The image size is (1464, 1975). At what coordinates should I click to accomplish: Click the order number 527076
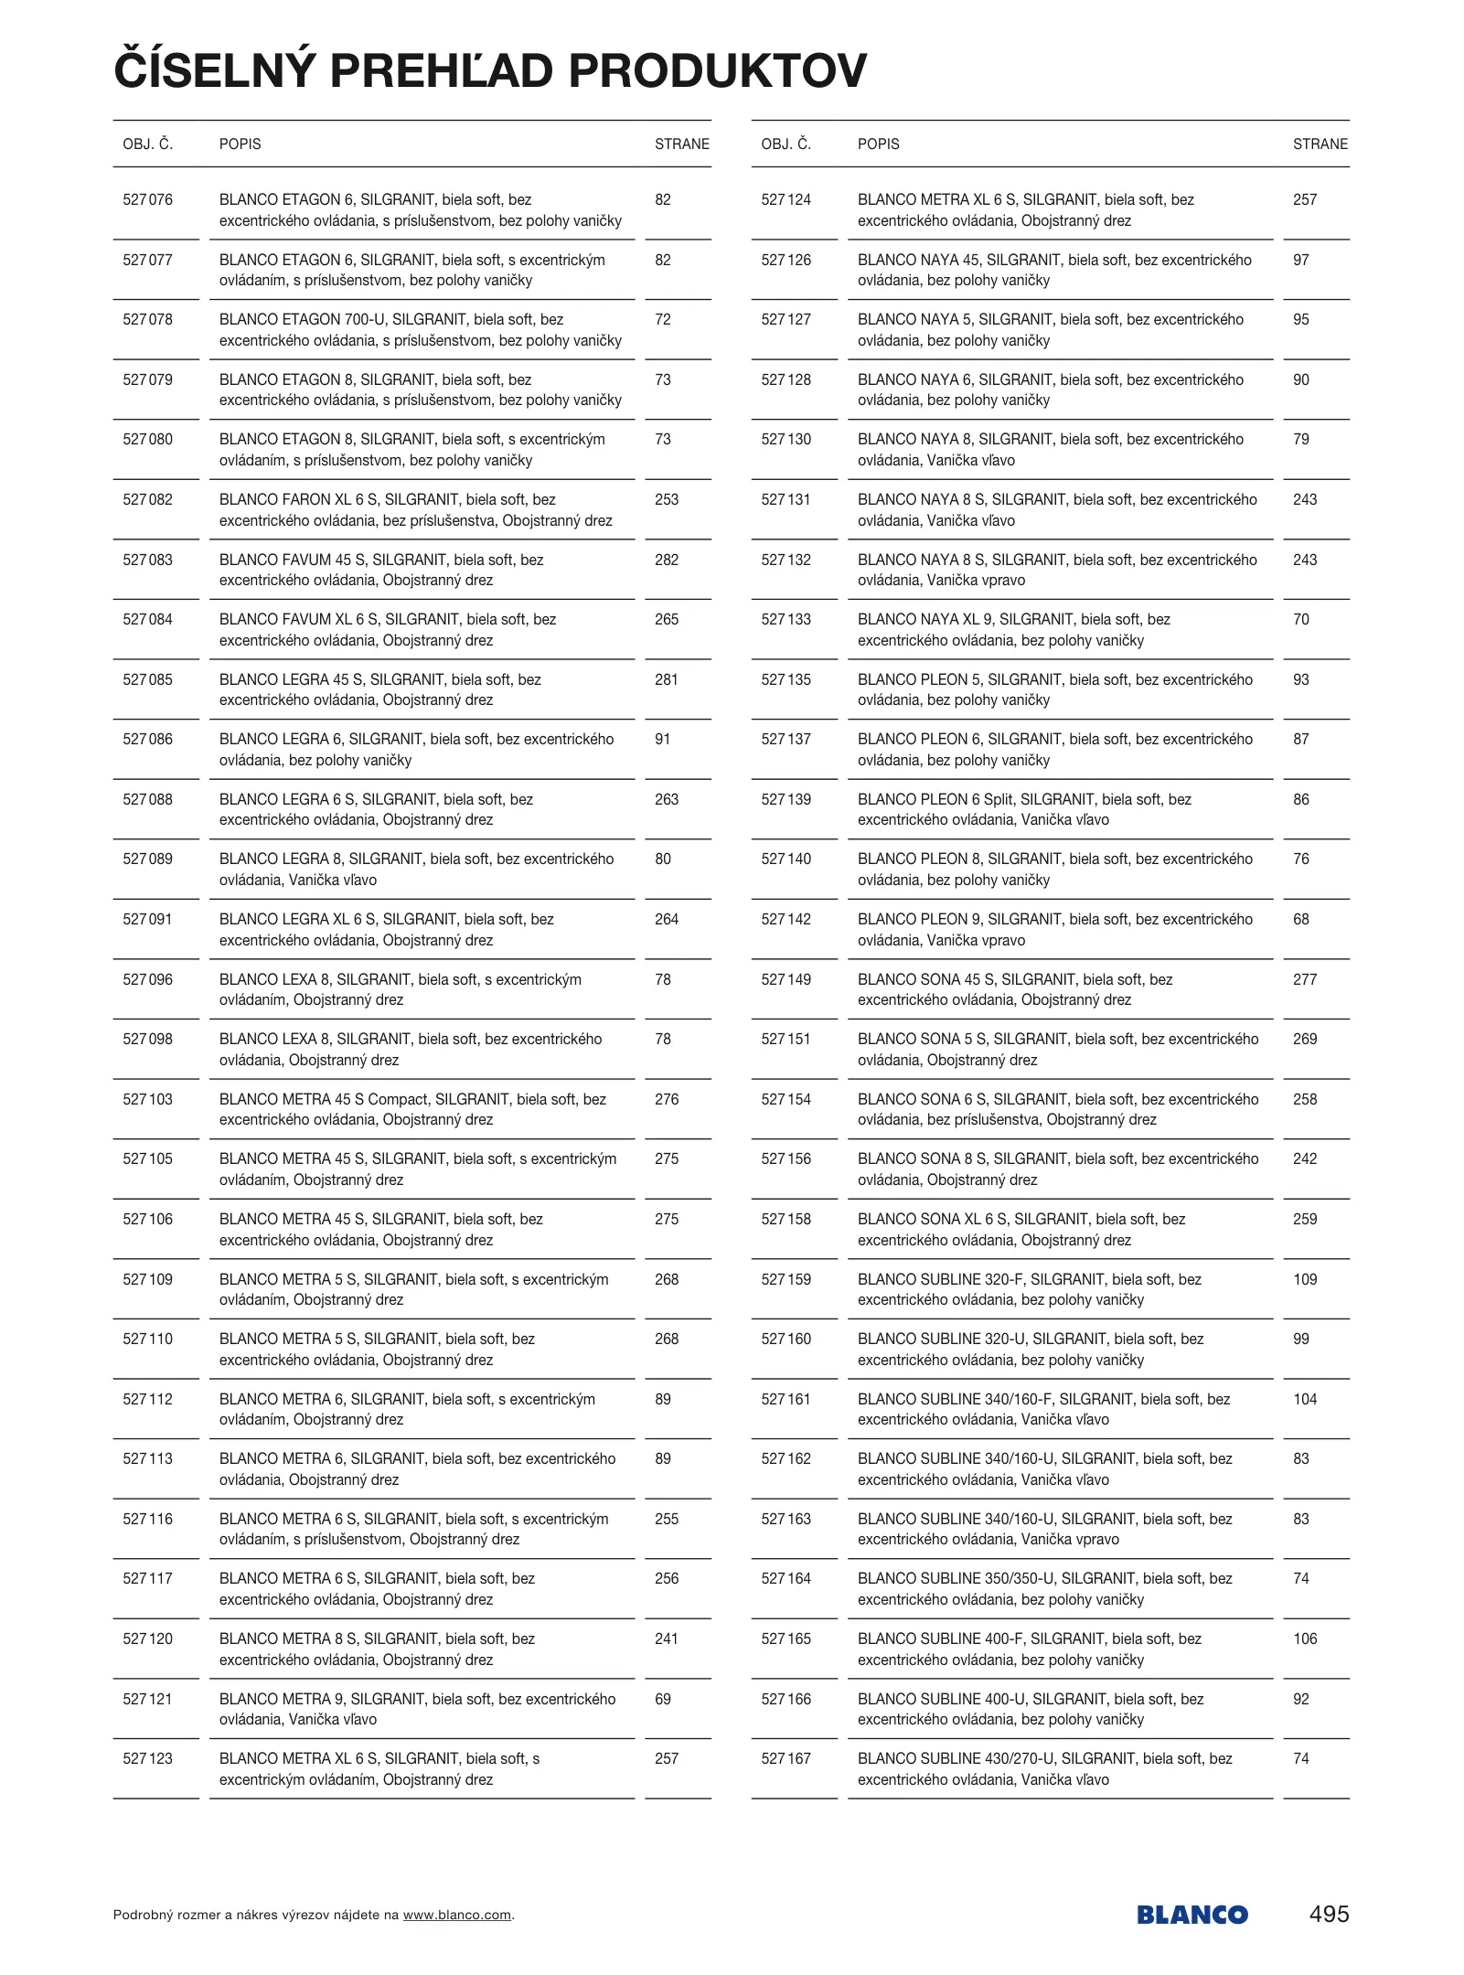[x=147, y=200]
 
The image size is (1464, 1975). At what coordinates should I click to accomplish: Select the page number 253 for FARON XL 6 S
[x=667, y=500]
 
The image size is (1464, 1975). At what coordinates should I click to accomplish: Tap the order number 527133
[x=785, y=620]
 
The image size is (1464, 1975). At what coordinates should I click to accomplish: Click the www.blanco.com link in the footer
[x=457, y=1915]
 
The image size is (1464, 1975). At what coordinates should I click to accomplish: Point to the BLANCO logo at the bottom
[x=1192, y=1915]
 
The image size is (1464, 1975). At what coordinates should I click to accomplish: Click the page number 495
[x=1329, y=1914]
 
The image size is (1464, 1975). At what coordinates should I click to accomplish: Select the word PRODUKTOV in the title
[x=718, y=71]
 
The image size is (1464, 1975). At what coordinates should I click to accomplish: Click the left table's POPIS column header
[x=240, y=144]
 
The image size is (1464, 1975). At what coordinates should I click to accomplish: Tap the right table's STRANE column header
[x=1320, y=144]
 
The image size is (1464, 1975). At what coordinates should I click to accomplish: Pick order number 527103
[x=147, y=1100]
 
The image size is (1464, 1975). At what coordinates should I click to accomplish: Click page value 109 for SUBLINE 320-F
[x=1305, y=1280]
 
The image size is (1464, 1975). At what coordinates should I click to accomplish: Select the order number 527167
[x=785, y=1759]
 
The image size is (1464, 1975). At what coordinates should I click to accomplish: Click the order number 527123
[x=147, y=1759]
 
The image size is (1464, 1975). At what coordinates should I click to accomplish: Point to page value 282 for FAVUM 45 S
[x=667, y=560]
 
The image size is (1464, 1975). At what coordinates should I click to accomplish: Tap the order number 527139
[x=785, y=800]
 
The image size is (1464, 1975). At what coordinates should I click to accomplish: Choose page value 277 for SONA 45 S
[x=1305, y=980]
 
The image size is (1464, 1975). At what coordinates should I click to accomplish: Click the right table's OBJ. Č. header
[x=785, y=144]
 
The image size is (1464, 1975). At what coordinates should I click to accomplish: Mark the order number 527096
[x=147, y=980]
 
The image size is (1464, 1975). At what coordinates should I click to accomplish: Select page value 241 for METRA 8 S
[x=667, y=1639]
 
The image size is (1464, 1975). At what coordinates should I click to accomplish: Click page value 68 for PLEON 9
[x=1301, y=920]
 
